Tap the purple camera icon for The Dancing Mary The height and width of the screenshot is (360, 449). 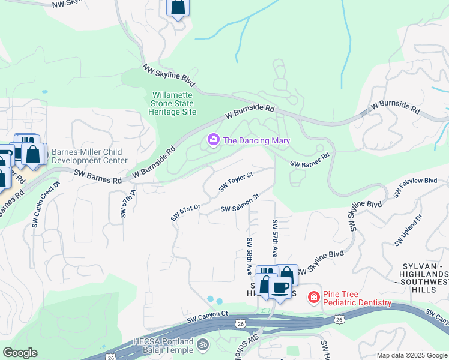(213, 140)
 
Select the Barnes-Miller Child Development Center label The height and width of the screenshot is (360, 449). (89, 156)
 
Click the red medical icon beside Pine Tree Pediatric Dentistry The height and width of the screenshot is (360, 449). (313, 296)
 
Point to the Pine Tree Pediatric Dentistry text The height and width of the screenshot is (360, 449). (357, 299)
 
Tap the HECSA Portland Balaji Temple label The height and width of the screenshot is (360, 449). (163, 346)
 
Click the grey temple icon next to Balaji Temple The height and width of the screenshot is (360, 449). (203, 346)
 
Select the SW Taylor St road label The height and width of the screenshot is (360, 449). (236, 181)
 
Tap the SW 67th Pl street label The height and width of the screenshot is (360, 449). (124, 205)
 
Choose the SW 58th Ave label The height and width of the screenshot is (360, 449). (249, 255)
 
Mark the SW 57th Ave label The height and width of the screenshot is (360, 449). (275, 238)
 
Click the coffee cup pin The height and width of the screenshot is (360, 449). (280, 287)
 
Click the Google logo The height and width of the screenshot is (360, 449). (20, 353)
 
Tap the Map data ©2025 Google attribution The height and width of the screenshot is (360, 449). (411, 355)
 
